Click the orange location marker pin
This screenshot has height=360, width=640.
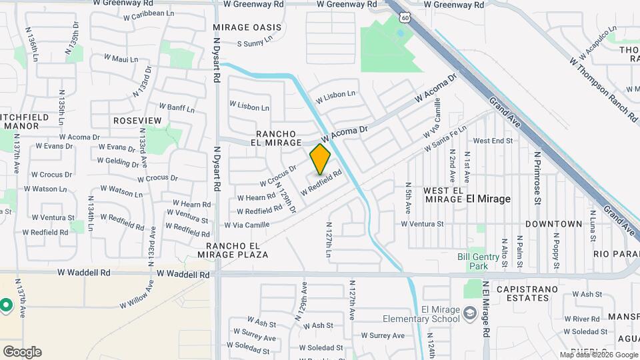click(321, 159)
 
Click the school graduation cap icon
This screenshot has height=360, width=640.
click(469, 313)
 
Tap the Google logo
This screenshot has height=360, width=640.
click(22, 352)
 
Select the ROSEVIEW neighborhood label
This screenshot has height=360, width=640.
click(138, 121)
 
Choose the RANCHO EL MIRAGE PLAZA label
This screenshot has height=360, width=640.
click(233, 250)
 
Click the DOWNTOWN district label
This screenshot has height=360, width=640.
click(553, 224)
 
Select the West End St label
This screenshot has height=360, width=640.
click(492, 141)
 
